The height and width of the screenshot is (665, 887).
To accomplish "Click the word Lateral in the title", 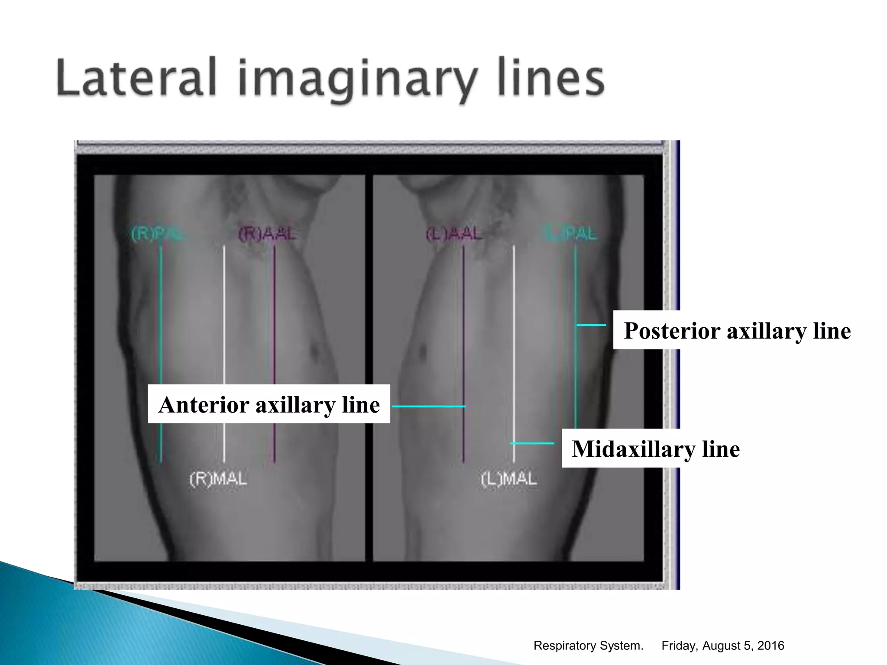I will pyautogui.click(x=136, y=78).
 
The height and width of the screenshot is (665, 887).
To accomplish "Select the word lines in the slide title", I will pyautogui.click(x=551, y=78).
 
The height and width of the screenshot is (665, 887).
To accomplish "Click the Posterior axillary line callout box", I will pyautogui.click(x=737, y=331).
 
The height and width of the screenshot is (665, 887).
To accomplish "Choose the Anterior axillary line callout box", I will pyautogui.click(x=269, y=404).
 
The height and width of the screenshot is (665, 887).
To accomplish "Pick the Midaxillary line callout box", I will pyautogui.click(x=656, y=449).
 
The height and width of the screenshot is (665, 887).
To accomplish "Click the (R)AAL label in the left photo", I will pyautogui.click(x=267, y=234).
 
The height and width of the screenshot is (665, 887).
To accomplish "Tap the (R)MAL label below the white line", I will pyautogui.click(x=218, y=479).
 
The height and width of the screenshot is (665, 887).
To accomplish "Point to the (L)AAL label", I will pyautogui.click(x=453, y=234).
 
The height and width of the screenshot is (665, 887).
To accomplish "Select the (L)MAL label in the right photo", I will pyautogui.click(x=509, y=479).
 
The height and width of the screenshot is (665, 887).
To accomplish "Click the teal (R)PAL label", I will pyautogui.click(x=156, y=234).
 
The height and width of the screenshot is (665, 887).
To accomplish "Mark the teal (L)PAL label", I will pyautogui.click(x=570, y=234).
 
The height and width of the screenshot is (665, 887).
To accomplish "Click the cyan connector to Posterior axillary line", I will pyautogui.click(x=591, y=325).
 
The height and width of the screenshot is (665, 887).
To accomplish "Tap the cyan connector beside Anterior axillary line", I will pyautogui.click(x=428, y=406).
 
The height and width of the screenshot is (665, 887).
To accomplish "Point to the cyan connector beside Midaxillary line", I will pyautogui.click(x=532, y=443).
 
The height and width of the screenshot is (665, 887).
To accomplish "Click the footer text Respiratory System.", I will pyautogui.click(x=588, y=646).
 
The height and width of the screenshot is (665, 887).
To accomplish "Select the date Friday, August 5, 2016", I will pyautogui.click(x=722, y=646).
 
